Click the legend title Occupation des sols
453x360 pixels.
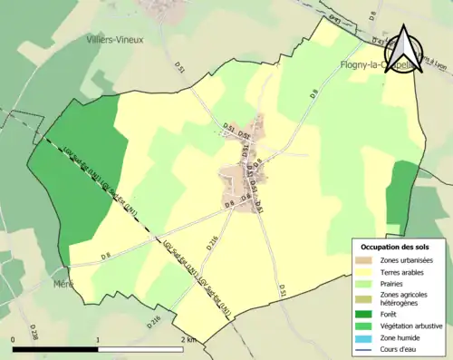point(399,247)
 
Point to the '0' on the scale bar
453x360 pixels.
point(14,339)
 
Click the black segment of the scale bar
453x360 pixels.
point(55,348)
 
